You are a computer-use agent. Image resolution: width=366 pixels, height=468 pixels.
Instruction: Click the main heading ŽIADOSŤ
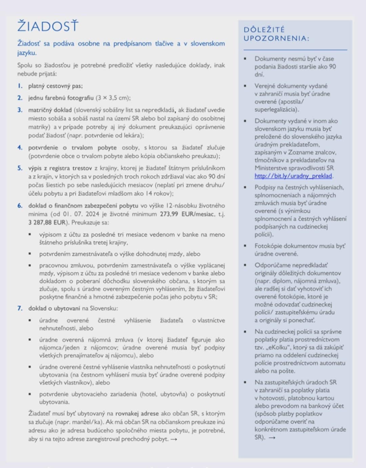pyautogui.click(x=48, y=26)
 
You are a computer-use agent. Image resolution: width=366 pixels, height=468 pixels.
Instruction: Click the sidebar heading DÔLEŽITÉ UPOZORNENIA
pyautogui.click(x=276, y=34)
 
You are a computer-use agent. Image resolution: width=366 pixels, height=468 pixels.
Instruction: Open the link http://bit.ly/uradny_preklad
pyautogui.click(x=293, y=176)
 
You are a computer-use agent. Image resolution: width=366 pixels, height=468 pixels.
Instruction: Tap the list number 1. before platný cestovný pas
pyautogui.click(x=20, y=86)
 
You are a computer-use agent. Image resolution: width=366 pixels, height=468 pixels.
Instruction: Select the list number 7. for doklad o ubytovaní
pyautogui.click(x=20, y=308)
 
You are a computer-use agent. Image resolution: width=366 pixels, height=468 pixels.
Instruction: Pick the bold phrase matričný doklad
pyautogui.click(x=50, y=110)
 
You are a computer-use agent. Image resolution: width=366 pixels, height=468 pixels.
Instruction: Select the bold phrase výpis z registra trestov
pyautogui.click(x=60, y=168)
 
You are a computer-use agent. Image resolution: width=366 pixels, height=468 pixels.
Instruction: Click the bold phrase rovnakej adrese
pyautogui.click(x=137, y=413)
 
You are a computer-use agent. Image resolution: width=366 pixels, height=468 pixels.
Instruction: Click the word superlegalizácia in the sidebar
pyautogui.click(x=276, y=109)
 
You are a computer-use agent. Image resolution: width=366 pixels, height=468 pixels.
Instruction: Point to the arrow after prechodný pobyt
pyautogui.click(x=174, y=439)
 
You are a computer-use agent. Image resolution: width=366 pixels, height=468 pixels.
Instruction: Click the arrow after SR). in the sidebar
pyautogui.click(x=272, y=438)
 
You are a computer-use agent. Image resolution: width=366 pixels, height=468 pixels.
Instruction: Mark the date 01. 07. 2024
pyautogui.click(x=80, y=214)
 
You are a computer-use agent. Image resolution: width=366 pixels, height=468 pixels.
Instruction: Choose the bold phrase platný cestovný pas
pyautogui.click(x=55, y=86)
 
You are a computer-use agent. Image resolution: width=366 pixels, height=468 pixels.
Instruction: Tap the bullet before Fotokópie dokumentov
pyautogui.click(x=245, y=246)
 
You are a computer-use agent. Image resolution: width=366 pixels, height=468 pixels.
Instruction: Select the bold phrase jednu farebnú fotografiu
pyautogui.click(x=61, y=98)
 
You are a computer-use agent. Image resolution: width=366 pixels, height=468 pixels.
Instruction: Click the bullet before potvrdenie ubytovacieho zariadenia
pyautogui.click(x=30, y=394)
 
